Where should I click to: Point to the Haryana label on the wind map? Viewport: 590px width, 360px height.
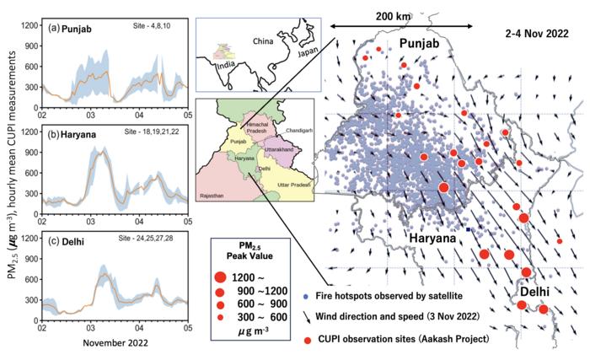coord(433,239)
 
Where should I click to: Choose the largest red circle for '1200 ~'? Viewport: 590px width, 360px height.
coord(220,276)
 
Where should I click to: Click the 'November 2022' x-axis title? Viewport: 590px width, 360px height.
coord(115,344)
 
